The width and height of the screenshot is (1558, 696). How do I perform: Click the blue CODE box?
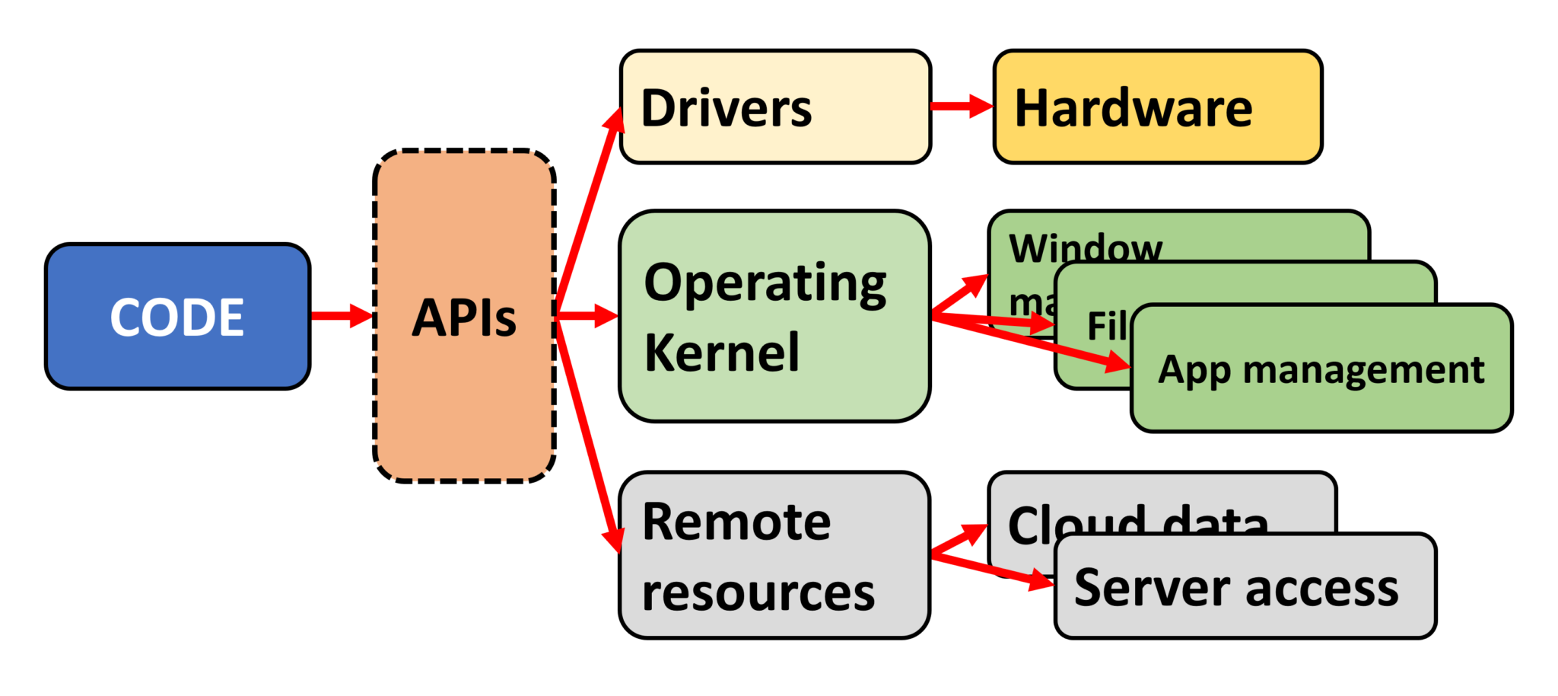pos(177,317)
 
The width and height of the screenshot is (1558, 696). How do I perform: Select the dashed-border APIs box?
pos(464,317)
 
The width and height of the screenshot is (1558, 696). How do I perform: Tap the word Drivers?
pos(727,108)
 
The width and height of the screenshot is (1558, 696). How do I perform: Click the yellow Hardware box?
pos(1157,107)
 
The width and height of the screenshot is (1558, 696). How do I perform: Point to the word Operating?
pos(765,283)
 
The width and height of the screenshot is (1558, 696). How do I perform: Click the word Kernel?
pos(721,353)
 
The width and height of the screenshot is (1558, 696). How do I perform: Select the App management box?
pos(1321,370)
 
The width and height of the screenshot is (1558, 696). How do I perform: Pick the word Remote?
pos(736,522)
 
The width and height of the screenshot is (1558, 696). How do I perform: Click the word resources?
pos(758,593)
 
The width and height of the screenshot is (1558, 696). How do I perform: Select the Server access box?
pos(1245,587)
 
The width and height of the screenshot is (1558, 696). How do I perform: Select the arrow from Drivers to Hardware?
pos(962,106)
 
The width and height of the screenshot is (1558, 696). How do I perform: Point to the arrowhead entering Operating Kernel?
pos(606,314)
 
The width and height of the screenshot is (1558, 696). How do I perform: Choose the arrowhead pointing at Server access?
pos(1041,581)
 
